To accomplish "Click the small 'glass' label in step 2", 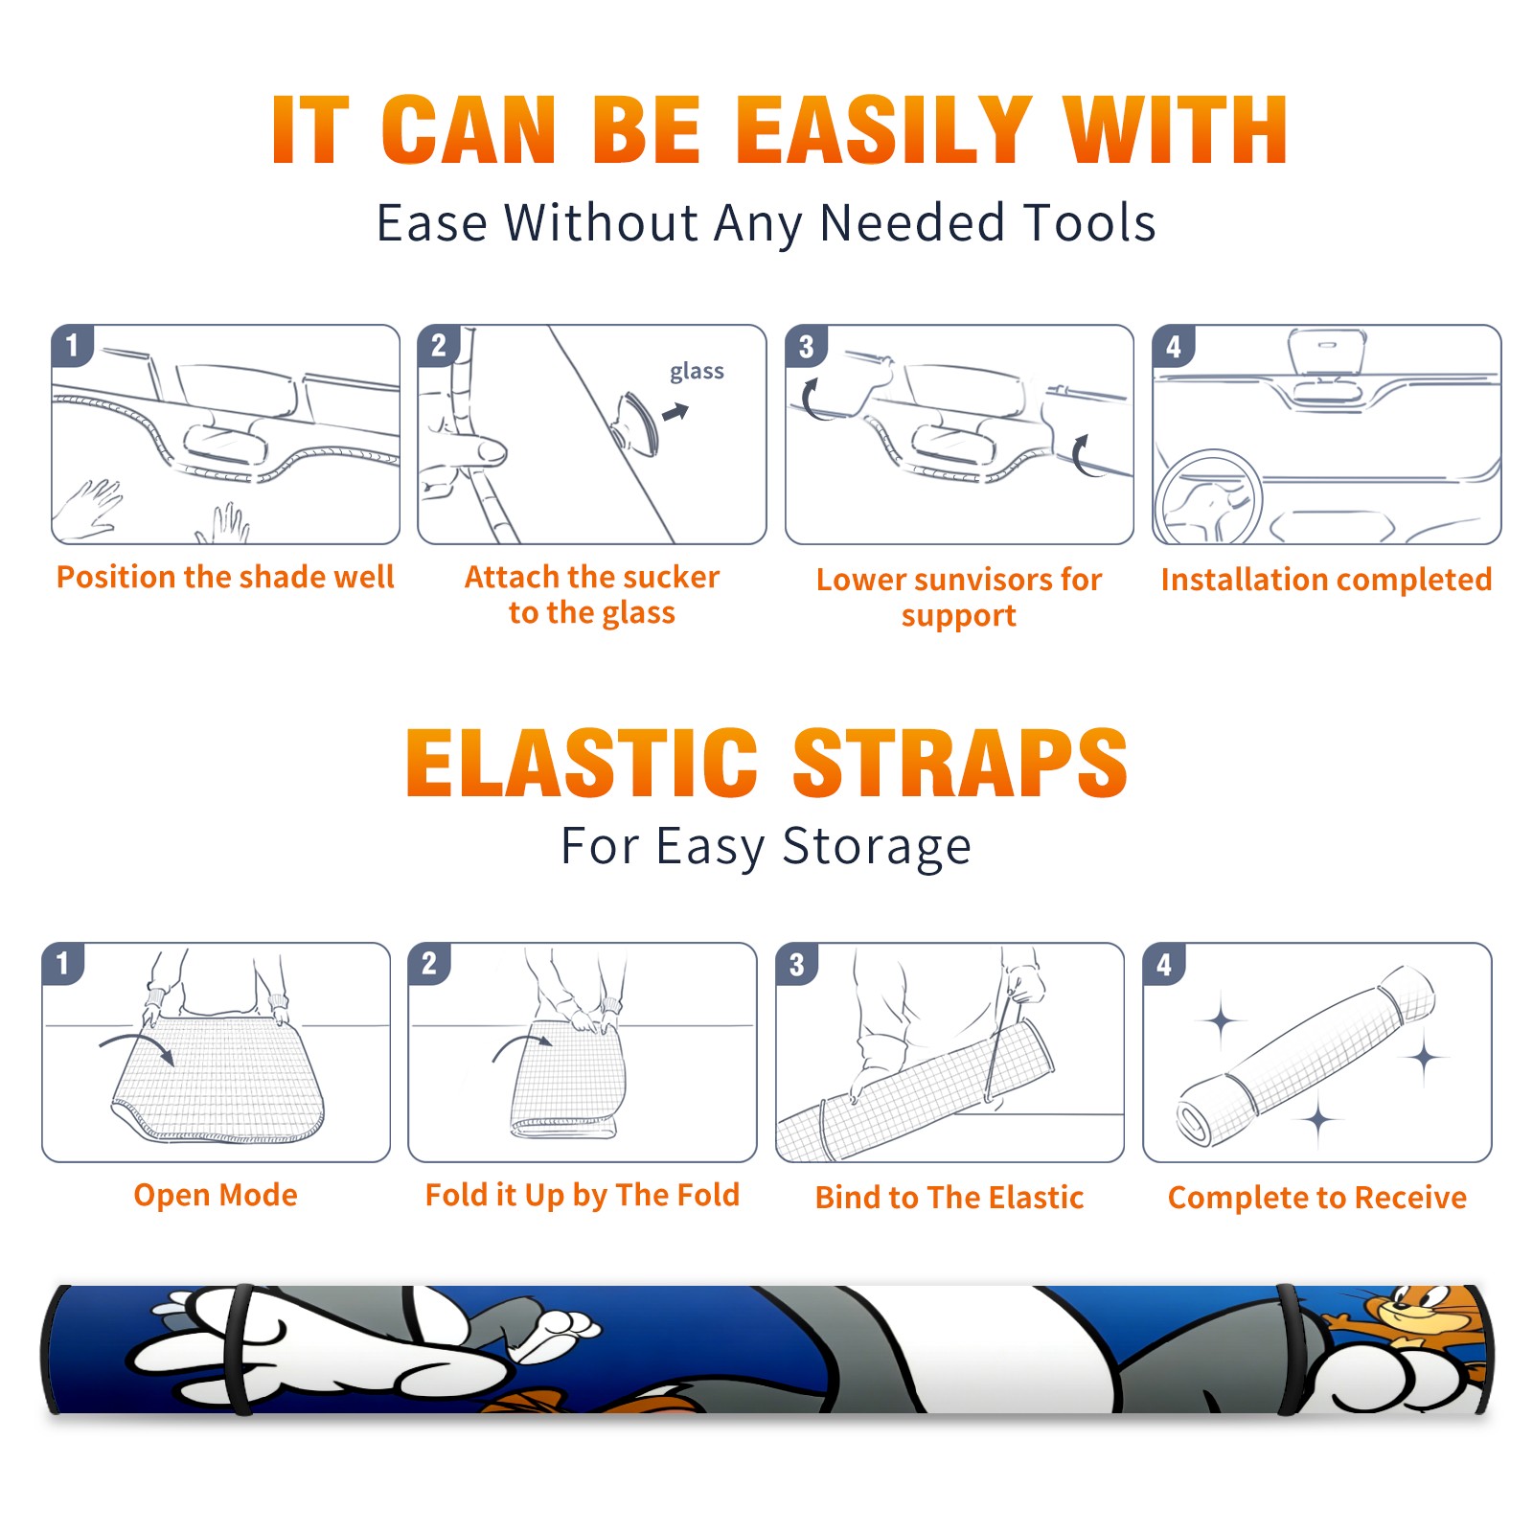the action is click(697, 372).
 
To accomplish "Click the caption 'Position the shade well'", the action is click(225, 577).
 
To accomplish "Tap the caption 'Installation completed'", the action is click(1326, 580).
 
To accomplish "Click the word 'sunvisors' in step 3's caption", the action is click(981, 580).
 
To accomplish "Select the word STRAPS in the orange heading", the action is click(960, 763).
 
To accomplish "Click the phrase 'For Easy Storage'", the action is click(766, 847).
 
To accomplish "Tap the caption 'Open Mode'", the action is click(216, 1195).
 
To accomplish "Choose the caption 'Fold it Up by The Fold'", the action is click(583, 1196).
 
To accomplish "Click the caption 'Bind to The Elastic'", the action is click(950, 1198).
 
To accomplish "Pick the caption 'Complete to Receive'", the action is click(1317, 1198).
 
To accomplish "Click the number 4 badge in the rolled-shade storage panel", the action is click(1164, 964).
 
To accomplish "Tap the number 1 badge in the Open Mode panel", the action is click(63, 963).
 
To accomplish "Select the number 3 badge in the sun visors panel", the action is click(806, 346).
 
